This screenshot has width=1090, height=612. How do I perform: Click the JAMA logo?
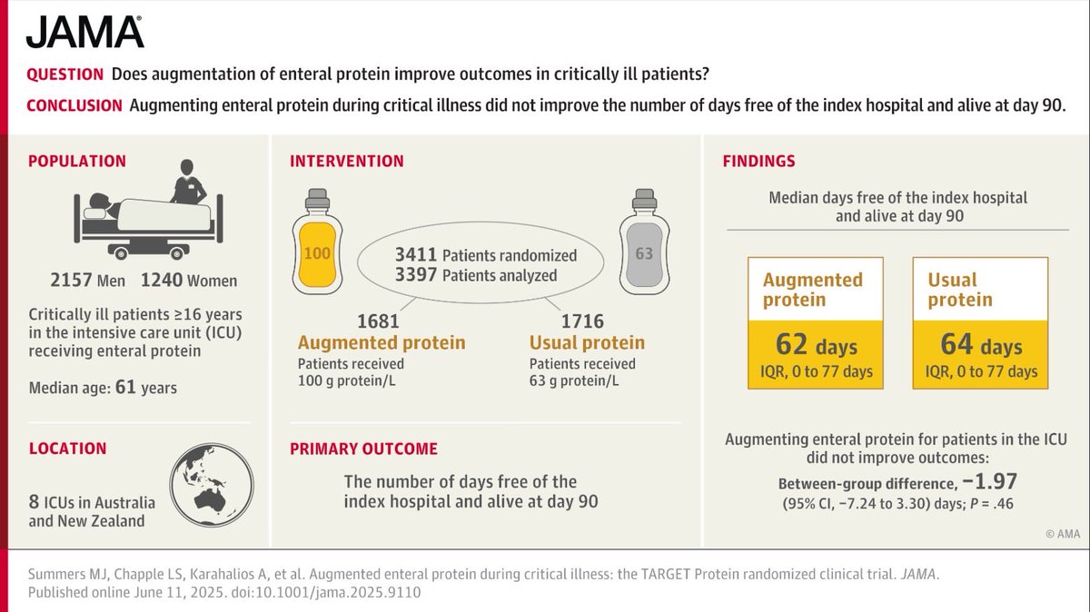pos(84,32)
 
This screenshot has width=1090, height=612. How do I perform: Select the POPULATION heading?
pos(77,162)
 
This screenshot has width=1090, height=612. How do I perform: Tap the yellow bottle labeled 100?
pos(316,238)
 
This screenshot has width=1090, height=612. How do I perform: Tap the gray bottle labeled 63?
pos(644,238)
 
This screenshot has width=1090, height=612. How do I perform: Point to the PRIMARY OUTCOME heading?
pos(363,449)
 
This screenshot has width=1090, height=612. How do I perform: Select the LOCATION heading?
pos(67,449)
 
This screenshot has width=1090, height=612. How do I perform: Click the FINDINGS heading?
pos(758,162)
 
